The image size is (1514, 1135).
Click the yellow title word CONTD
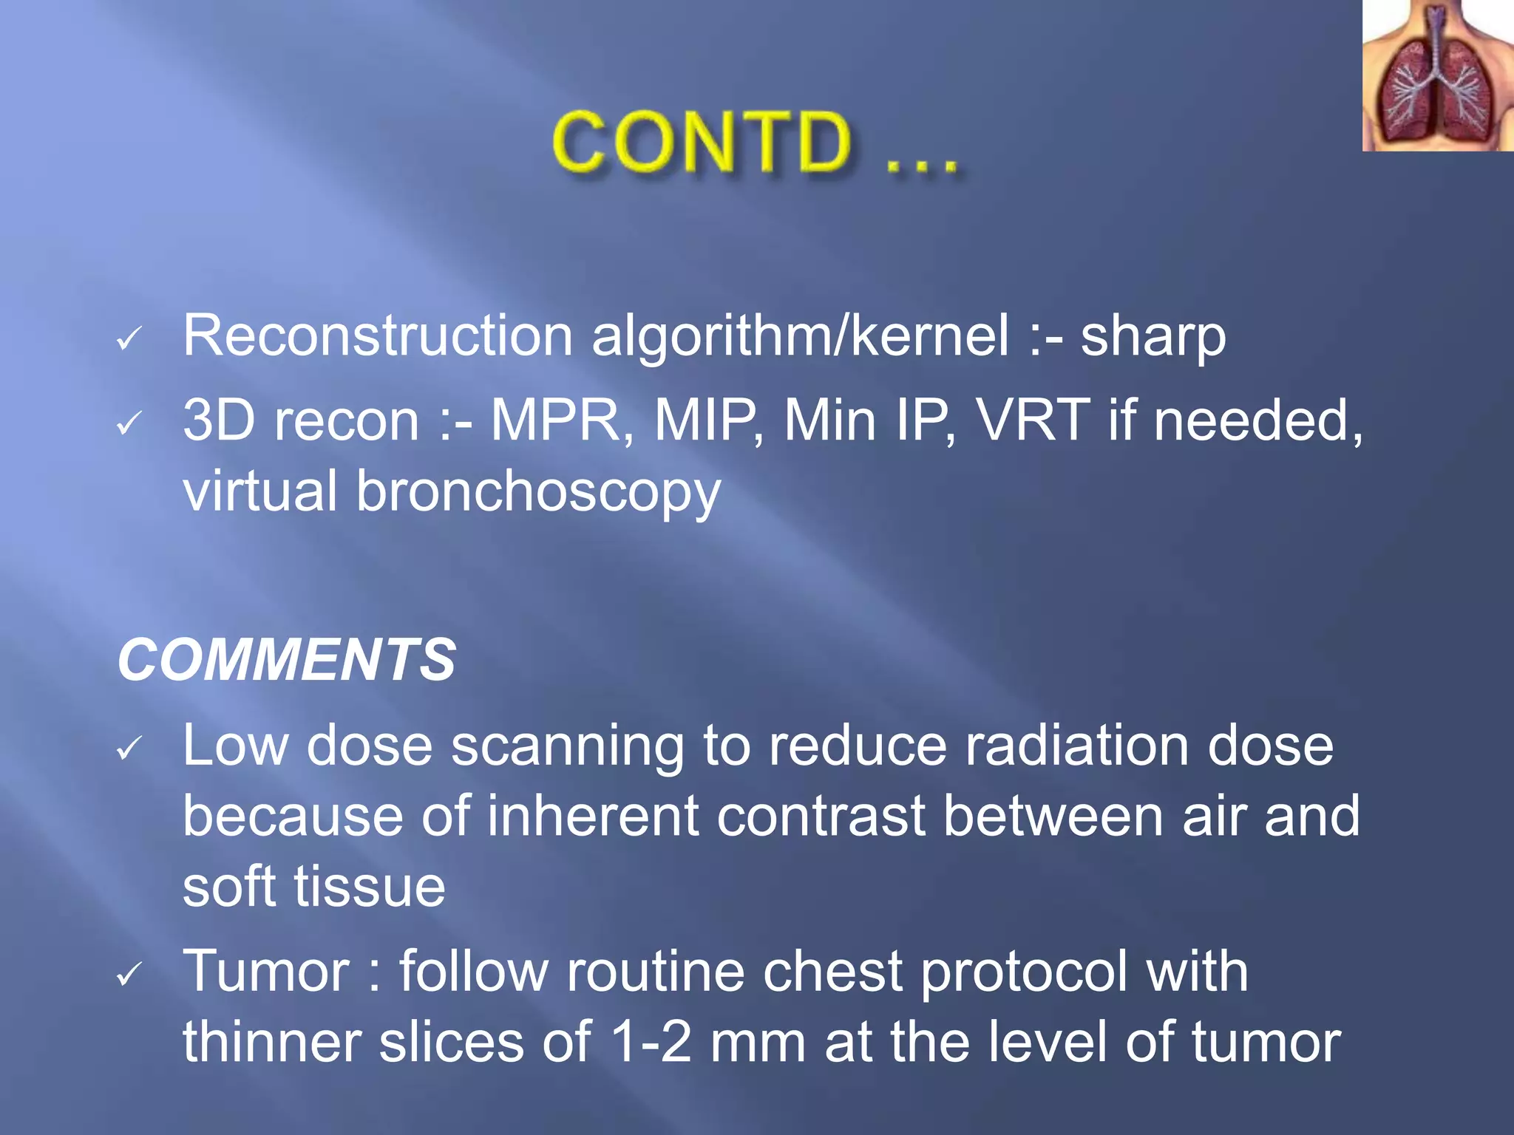[702, 142]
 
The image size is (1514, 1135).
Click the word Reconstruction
[378, 336]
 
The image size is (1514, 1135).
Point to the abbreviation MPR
[561, 420]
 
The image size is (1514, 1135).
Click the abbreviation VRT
[1033, 420]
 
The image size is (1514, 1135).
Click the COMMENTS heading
[287, 660]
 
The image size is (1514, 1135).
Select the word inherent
[592, 817]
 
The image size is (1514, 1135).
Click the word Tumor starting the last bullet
[266, 971]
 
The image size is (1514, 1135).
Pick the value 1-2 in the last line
[651, 1042]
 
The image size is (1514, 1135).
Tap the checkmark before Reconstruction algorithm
[129, 340]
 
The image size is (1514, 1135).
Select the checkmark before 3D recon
[129, 424]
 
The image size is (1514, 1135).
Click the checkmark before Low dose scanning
[129, 749]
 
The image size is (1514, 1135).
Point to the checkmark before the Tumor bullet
[129, 975]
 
